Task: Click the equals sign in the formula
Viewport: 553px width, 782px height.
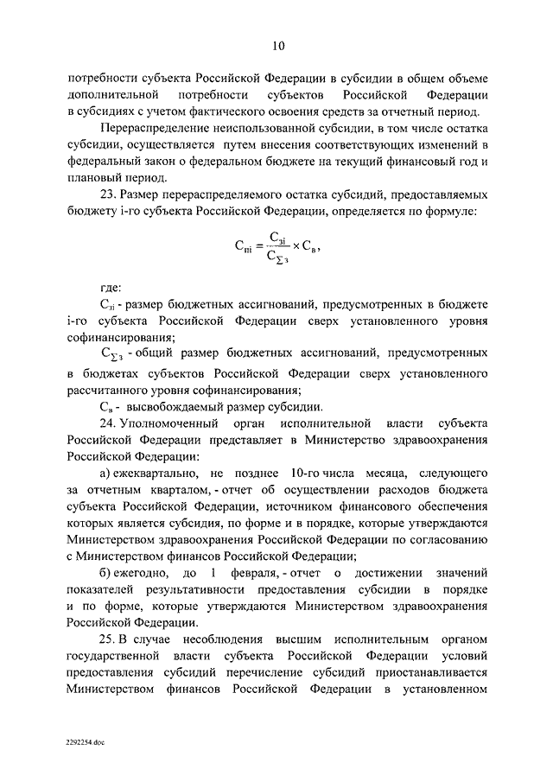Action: coord(256,246)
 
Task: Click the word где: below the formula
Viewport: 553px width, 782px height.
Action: coord(110,288)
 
